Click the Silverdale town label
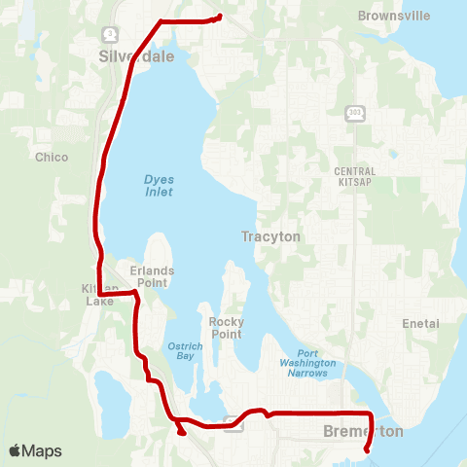136,56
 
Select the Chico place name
52,157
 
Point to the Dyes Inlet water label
159,185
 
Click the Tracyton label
271,236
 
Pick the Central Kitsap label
354,176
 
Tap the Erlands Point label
149,276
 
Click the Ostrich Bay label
184,349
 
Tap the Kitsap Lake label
100,295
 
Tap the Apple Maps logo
35,450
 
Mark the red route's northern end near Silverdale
220,16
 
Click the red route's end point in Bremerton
367,449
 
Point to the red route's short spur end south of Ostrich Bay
183,433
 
